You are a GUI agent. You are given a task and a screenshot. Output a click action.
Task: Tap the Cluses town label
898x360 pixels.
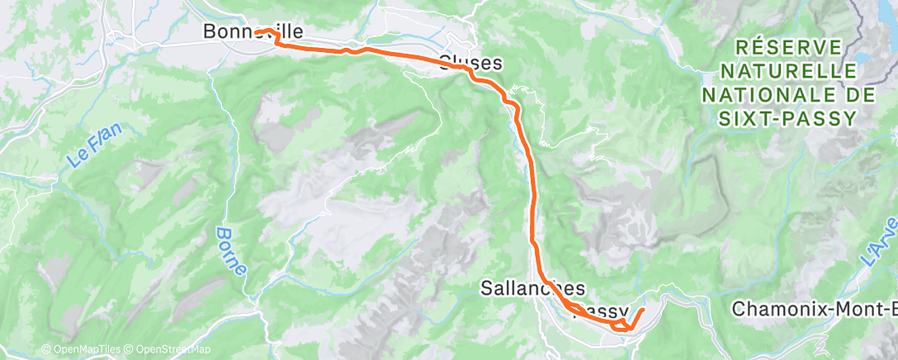[x=470, y=63]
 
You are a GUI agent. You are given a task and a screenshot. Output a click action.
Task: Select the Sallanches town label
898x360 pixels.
[x=533, y=288]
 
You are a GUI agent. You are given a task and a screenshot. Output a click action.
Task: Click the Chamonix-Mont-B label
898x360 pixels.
[x=814, y=309]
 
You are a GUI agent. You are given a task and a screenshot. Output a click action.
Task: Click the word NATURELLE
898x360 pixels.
[x=787, y=71]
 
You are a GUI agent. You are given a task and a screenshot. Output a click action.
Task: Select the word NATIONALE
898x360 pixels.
[x=767, y=95]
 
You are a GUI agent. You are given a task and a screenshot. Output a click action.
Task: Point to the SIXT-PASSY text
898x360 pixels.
[x=787, y=119]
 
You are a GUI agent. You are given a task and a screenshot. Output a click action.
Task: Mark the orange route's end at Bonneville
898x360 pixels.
[x=257, y=32]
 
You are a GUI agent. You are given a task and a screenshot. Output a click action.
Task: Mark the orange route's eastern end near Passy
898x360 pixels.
[x=643, y=310]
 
